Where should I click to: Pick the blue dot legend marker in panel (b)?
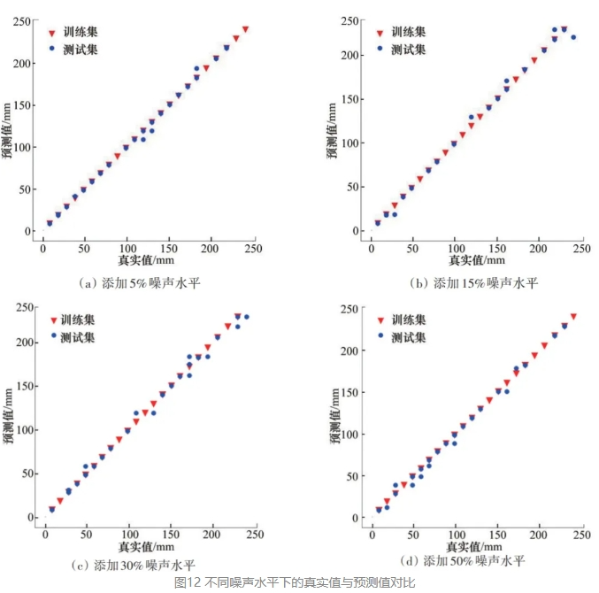click(x=380, y=49)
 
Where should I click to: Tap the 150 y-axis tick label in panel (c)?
click(x=21, y=386)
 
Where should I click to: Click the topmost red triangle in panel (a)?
click(x=245, y=29)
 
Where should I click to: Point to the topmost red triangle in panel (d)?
click(x=573, y=316)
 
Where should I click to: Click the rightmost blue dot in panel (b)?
click(x=573, y=37)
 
